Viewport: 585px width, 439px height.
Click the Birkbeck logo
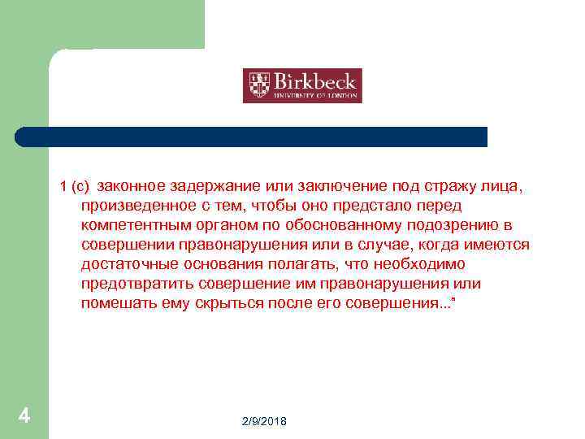[302, 85]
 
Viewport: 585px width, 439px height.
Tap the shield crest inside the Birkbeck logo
[259, 85]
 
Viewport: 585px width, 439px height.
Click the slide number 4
[24, 416]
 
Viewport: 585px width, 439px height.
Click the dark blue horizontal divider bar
[252, 137]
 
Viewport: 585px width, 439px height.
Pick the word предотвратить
[133, 284]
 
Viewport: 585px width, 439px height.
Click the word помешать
[116, 303]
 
